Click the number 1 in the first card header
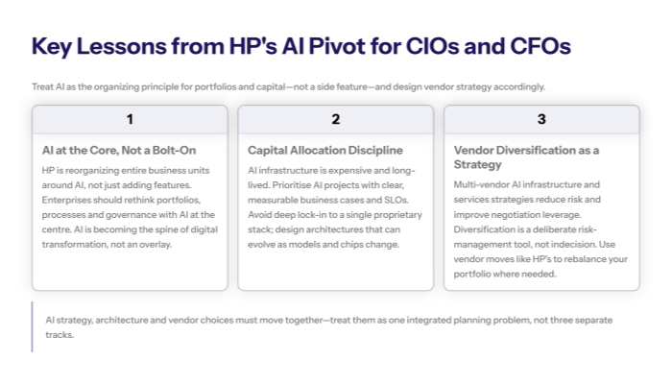click(130, 119)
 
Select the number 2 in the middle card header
click(335, 119)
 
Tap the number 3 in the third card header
click(541, 119)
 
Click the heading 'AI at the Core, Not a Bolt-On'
click(120, 151)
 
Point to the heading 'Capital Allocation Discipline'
click(324, 151)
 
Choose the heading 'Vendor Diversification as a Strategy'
click(525, 157)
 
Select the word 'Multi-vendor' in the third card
click(481, 184)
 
